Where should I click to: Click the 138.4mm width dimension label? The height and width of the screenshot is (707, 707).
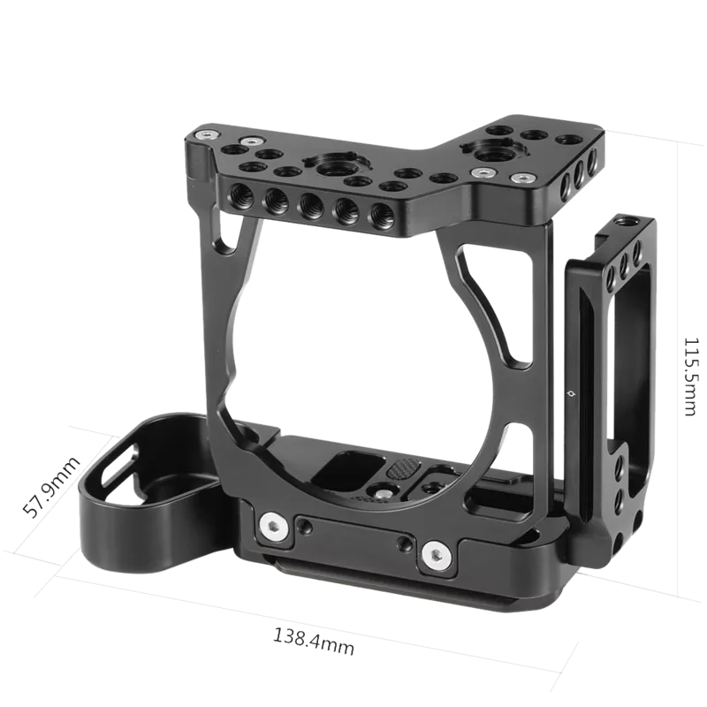(x=315, y=641)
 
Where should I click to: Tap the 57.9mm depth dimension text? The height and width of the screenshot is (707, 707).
(x=53, y=488)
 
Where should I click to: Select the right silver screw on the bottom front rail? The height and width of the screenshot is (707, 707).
(x=434, y=554)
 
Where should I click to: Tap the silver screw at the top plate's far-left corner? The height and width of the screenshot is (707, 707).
(x=206, y=135)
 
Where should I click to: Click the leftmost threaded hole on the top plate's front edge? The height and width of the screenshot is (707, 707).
(x=239, y=195)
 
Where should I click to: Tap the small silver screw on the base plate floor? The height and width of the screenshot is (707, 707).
(x=387, y=484)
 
